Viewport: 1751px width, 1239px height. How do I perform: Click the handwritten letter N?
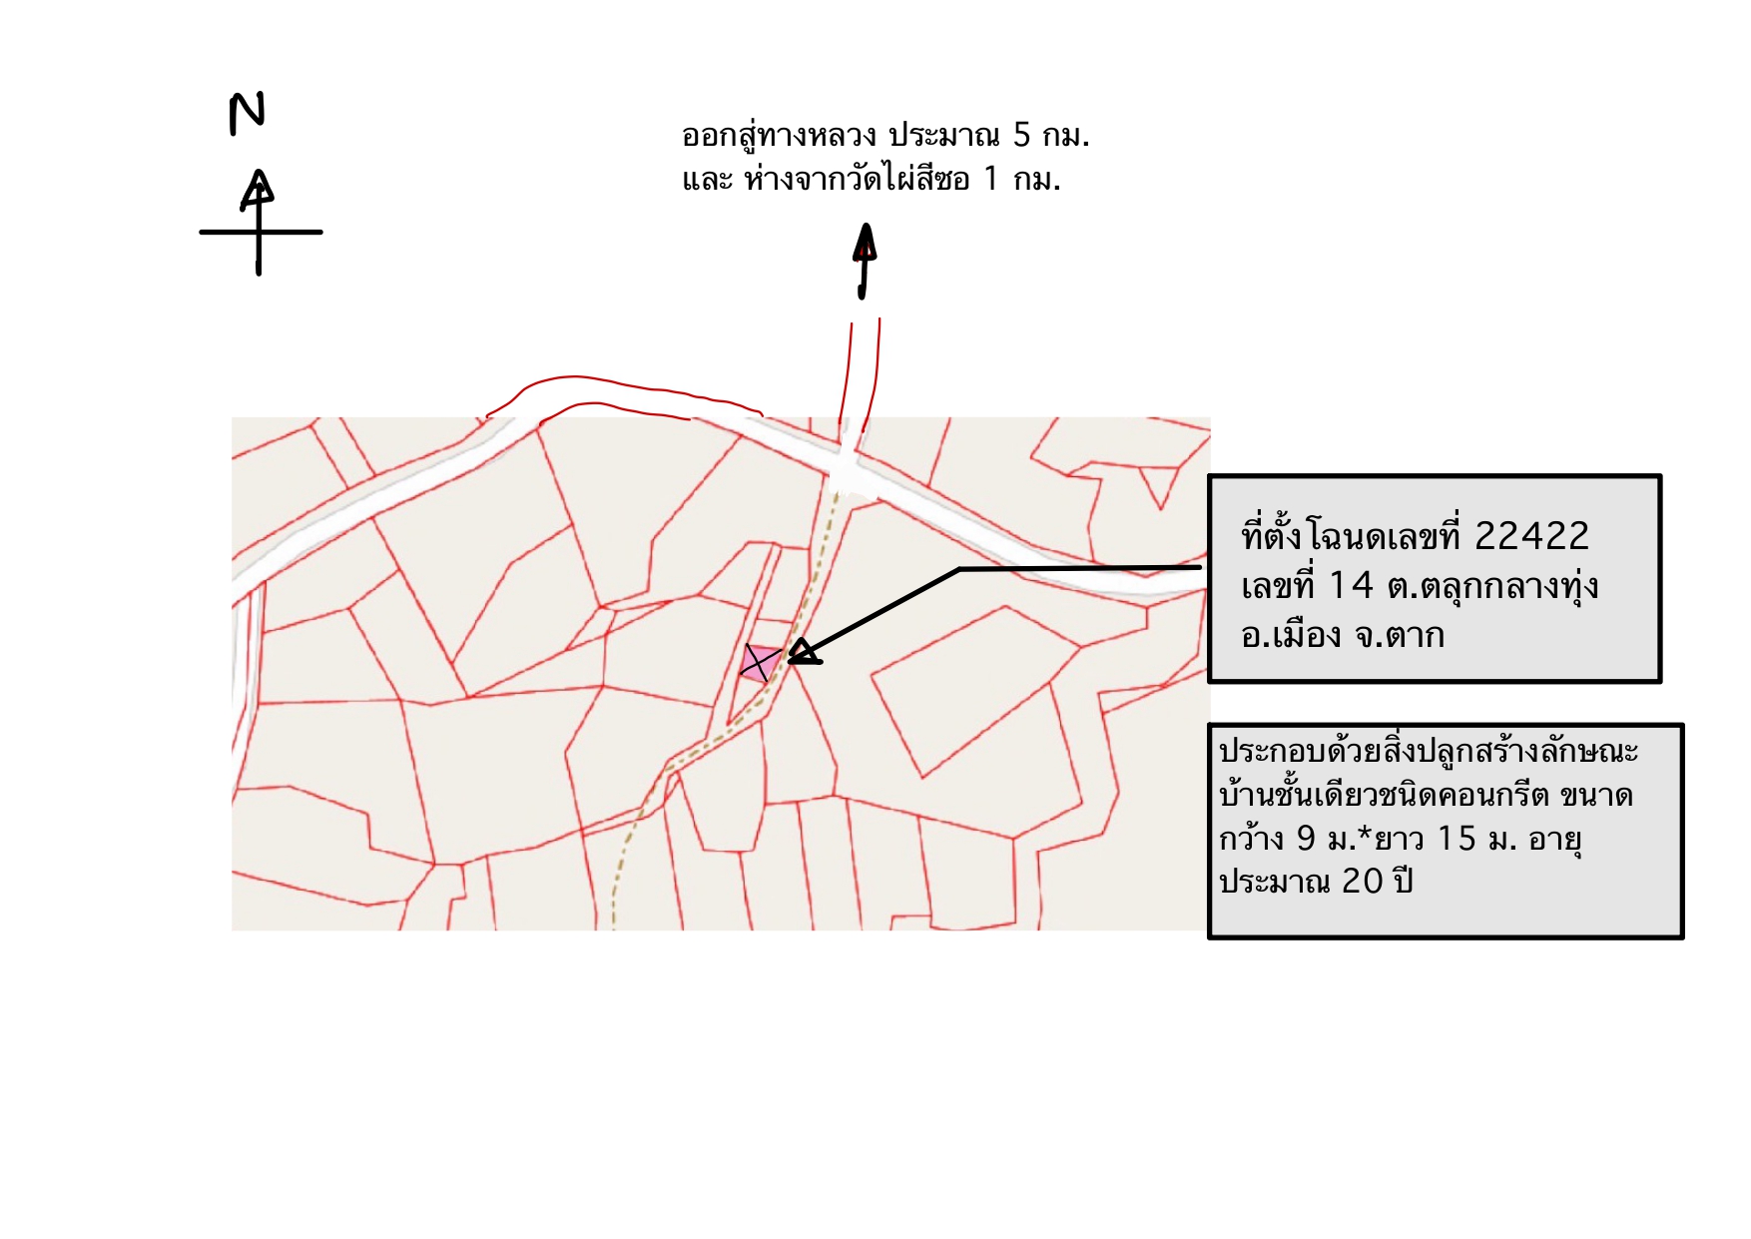pyautogui.click(x=247, y=113)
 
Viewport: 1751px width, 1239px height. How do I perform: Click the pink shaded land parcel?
pyautogui.click(x=761, y=663)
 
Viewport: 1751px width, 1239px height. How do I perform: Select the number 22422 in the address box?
pyautogui.click(x=1531, y=536)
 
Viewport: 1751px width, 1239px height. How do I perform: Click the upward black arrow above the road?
pyautogui.click(x=865, y=261)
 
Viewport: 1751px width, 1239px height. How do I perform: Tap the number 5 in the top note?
pyautogui.click(x=1021, y=135)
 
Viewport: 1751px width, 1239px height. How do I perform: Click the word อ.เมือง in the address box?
pyautogui.click(x=1291, y=636)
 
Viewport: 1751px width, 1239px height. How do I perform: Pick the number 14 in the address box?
pyautogui.click(x=1352, y=586)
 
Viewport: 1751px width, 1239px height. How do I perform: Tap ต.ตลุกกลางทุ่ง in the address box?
pyautogui.click(x=1493, y=586)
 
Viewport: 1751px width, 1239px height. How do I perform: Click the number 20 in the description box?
pyautogui.click(x=1362, y=881)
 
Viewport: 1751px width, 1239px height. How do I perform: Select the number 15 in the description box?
pyautogui.click(x=1456, y=838)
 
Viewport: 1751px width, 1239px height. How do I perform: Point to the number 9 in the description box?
pyautogui.click(x=1306, y=838)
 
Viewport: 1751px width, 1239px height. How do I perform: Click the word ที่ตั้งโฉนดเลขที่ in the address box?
pyautogui.click(x=1352, y=536)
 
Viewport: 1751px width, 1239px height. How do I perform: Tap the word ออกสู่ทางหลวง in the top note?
pyautogui.click(x=779, y=135)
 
